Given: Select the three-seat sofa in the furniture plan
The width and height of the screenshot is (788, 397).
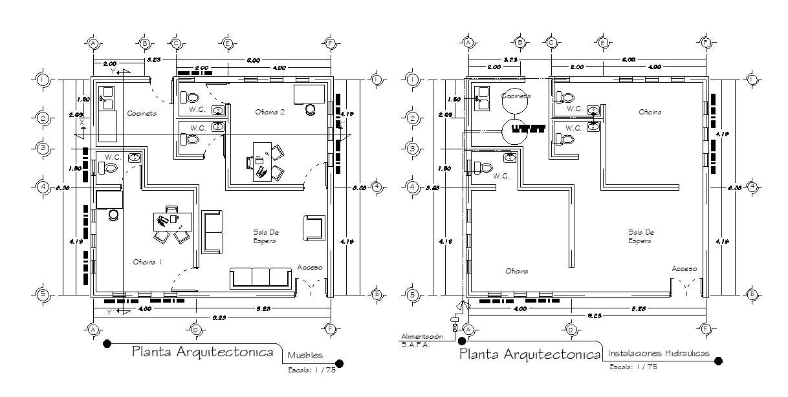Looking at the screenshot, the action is pyautogui.click(x=261, y=277).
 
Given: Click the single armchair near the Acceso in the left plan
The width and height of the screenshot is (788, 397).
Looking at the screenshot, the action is pyautogui.click(x=312, y=228).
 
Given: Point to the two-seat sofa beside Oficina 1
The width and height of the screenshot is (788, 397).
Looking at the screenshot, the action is pyautogui.click(x=213, y=231).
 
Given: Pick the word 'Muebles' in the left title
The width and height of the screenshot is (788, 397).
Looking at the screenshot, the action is pyautogui.click(x=305, y=354).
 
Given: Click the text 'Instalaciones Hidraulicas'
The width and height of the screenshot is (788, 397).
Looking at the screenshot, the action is pyautogui.click(x=659, y=354).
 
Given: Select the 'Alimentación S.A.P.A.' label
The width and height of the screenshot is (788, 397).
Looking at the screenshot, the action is pyautogui.click(x=421, y=341).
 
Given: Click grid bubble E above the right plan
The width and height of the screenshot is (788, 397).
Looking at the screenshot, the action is pyautogui.click(x=602, y=43).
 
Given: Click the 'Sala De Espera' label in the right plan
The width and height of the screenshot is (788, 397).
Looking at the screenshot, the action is pyautogui.click(x=640, y=236).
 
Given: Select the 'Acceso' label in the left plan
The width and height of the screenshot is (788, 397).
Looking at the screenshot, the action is pyautogui.click(x=310, y=267).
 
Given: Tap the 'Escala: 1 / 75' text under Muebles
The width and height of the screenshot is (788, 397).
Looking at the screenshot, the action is pyautogui.click(x=312, y=370).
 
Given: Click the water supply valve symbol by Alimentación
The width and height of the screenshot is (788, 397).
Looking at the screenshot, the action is pyautogui.click(x=454, y=327).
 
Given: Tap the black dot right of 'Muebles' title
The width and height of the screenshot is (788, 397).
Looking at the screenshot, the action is pyautogui.click(x=340, y=363).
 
